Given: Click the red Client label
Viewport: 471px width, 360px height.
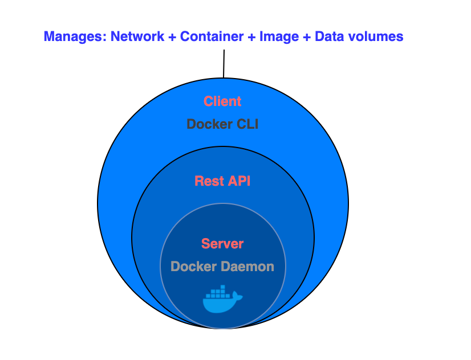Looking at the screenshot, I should pyautogui.click(x=222, y=101).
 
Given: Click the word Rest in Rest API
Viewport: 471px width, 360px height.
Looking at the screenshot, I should pyautogui.click(x=207, y=181).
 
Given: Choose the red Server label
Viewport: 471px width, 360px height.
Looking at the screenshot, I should pyautogui.click(x=222, y=244).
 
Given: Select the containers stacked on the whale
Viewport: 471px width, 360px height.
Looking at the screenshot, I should pyautogui.click(x=219, y=293).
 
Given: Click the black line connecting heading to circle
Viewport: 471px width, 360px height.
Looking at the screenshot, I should pyautogui.click(x=224, y=63).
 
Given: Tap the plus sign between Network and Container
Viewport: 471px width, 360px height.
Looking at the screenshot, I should pyautogui.click(x=172, y=37).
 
